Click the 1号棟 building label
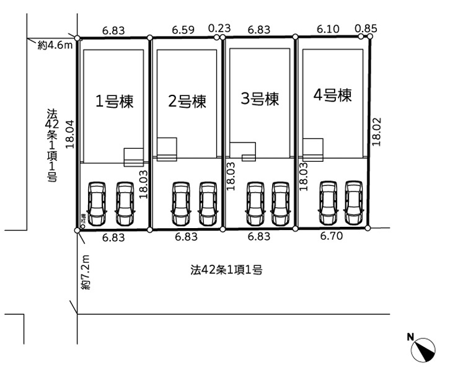114,100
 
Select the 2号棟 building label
187,101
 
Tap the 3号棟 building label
260,98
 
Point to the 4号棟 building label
333,95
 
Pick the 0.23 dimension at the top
219,29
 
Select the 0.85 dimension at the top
368,29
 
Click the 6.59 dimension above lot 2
183,29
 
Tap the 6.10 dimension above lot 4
328,29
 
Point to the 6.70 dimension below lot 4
332,237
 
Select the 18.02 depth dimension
377,131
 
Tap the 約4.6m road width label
55,45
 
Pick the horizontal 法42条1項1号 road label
227,270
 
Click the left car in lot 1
97,204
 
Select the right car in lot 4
353,203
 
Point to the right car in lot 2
208,203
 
